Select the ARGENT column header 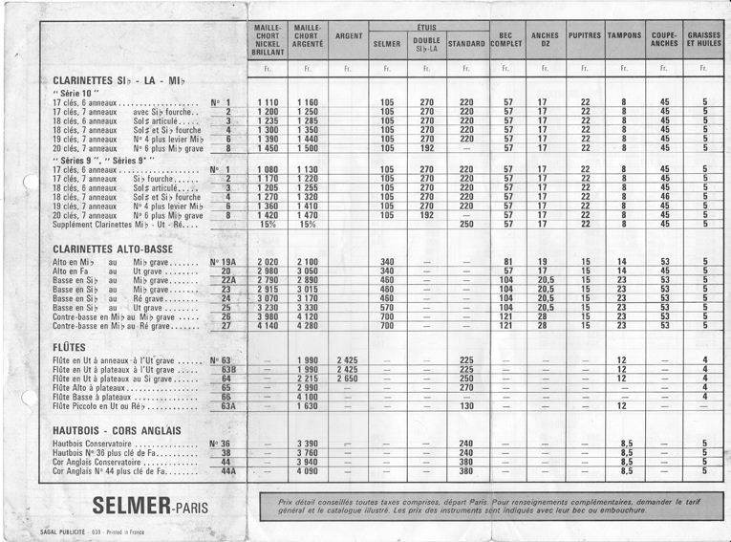click(349, 36)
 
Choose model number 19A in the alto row click(223, 261)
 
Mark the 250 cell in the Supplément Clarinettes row click(466, 225)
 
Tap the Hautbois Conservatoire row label click(98, 444)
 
